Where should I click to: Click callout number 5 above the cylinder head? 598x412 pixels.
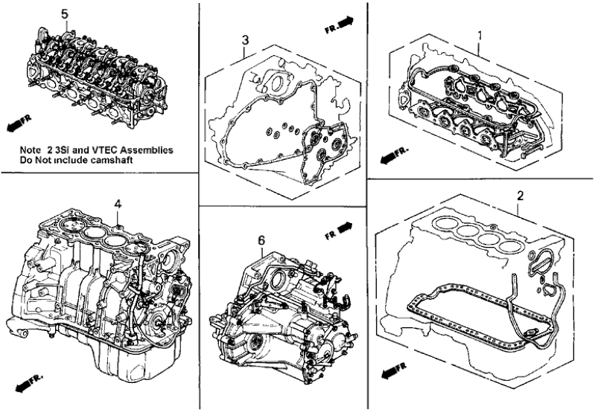(64, 14)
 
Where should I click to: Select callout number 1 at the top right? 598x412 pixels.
(480, 34)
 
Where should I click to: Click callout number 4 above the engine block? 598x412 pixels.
(117, 203)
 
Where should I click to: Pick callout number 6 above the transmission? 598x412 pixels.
(261, 240)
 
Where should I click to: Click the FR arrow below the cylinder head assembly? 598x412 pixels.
(18, 120)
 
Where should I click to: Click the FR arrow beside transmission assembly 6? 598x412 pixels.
(338, 227)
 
